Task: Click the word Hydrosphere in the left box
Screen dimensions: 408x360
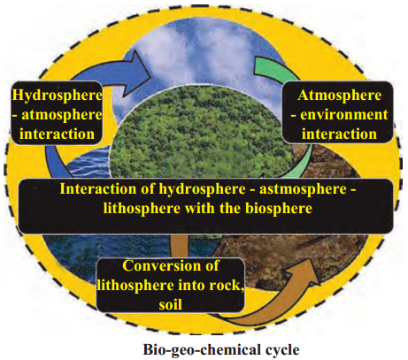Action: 57,96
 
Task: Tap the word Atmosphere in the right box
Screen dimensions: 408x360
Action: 339,96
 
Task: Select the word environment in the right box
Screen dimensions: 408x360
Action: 343,114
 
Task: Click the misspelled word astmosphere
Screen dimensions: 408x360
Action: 303,189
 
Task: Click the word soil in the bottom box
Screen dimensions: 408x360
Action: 171,304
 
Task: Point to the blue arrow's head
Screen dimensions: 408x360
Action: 139,73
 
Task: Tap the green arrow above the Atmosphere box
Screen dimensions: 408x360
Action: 274,69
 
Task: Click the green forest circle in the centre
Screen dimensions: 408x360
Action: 201,133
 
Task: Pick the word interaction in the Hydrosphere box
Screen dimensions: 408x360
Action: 58,134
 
